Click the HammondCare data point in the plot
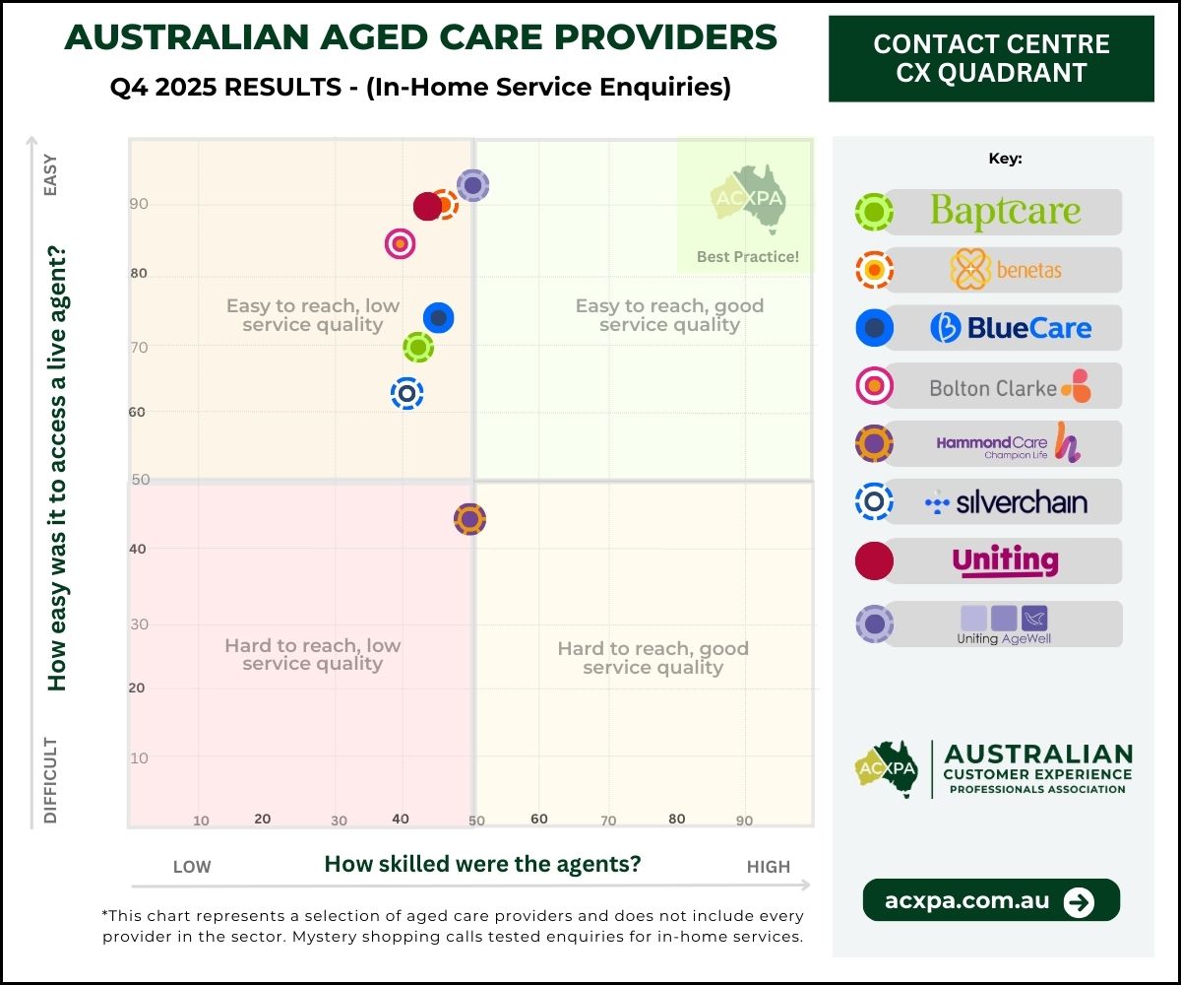click(x=470, y=518)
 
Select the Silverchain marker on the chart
click(x=406, y=393)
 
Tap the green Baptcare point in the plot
click(x=418, y=346)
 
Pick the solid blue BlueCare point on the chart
click(x=438, y=317)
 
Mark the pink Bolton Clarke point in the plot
click(x=400, y=243)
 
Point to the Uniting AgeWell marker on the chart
click(x=473, y=184)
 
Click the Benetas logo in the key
click(x=1005, y=269)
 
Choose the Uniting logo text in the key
click(x=1005, y=560)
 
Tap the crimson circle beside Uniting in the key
click(x=874, y=560)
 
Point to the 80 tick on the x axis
click(x=676, y=819)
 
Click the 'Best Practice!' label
click(x=748, y=257)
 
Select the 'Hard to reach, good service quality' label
click(x=653, y=658)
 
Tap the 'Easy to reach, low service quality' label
click(x=313, y=314)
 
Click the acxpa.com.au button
click(x=991, y=900)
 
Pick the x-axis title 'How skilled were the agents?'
click(x=482, y=864)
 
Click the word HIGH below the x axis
click(x=768, y=867)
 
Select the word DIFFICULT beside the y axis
click(x=51, y=779)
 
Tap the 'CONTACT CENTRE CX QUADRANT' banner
click(x=991, y=58)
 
